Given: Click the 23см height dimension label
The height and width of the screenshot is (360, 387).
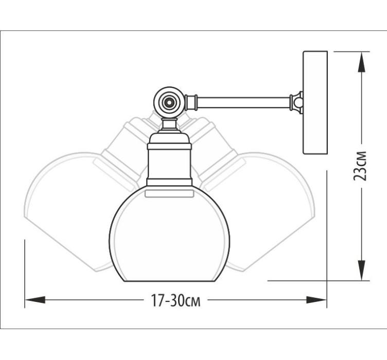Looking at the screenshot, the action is (360, 166).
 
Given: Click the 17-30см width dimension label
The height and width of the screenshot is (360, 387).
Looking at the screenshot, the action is (175, 300).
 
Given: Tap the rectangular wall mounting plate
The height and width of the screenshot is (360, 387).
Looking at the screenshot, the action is (315, 102).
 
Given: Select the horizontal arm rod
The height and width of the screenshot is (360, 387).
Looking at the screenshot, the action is (243, 102).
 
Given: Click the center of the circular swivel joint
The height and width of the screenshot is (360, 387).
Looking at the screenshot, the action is (169, 102).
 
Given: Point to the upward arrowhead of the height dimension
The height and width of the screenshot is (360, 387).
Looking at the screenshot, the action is (362, 62).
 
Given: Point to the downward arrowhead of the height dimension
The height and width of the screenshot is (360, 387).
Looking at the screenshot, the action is (362, 270).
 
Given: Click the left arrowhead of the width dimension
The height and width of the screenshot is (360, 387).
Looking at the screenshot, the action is (35, 300).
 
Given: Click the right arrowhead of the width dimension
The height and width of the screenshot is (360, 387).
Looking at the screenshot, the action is (316, 300).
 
